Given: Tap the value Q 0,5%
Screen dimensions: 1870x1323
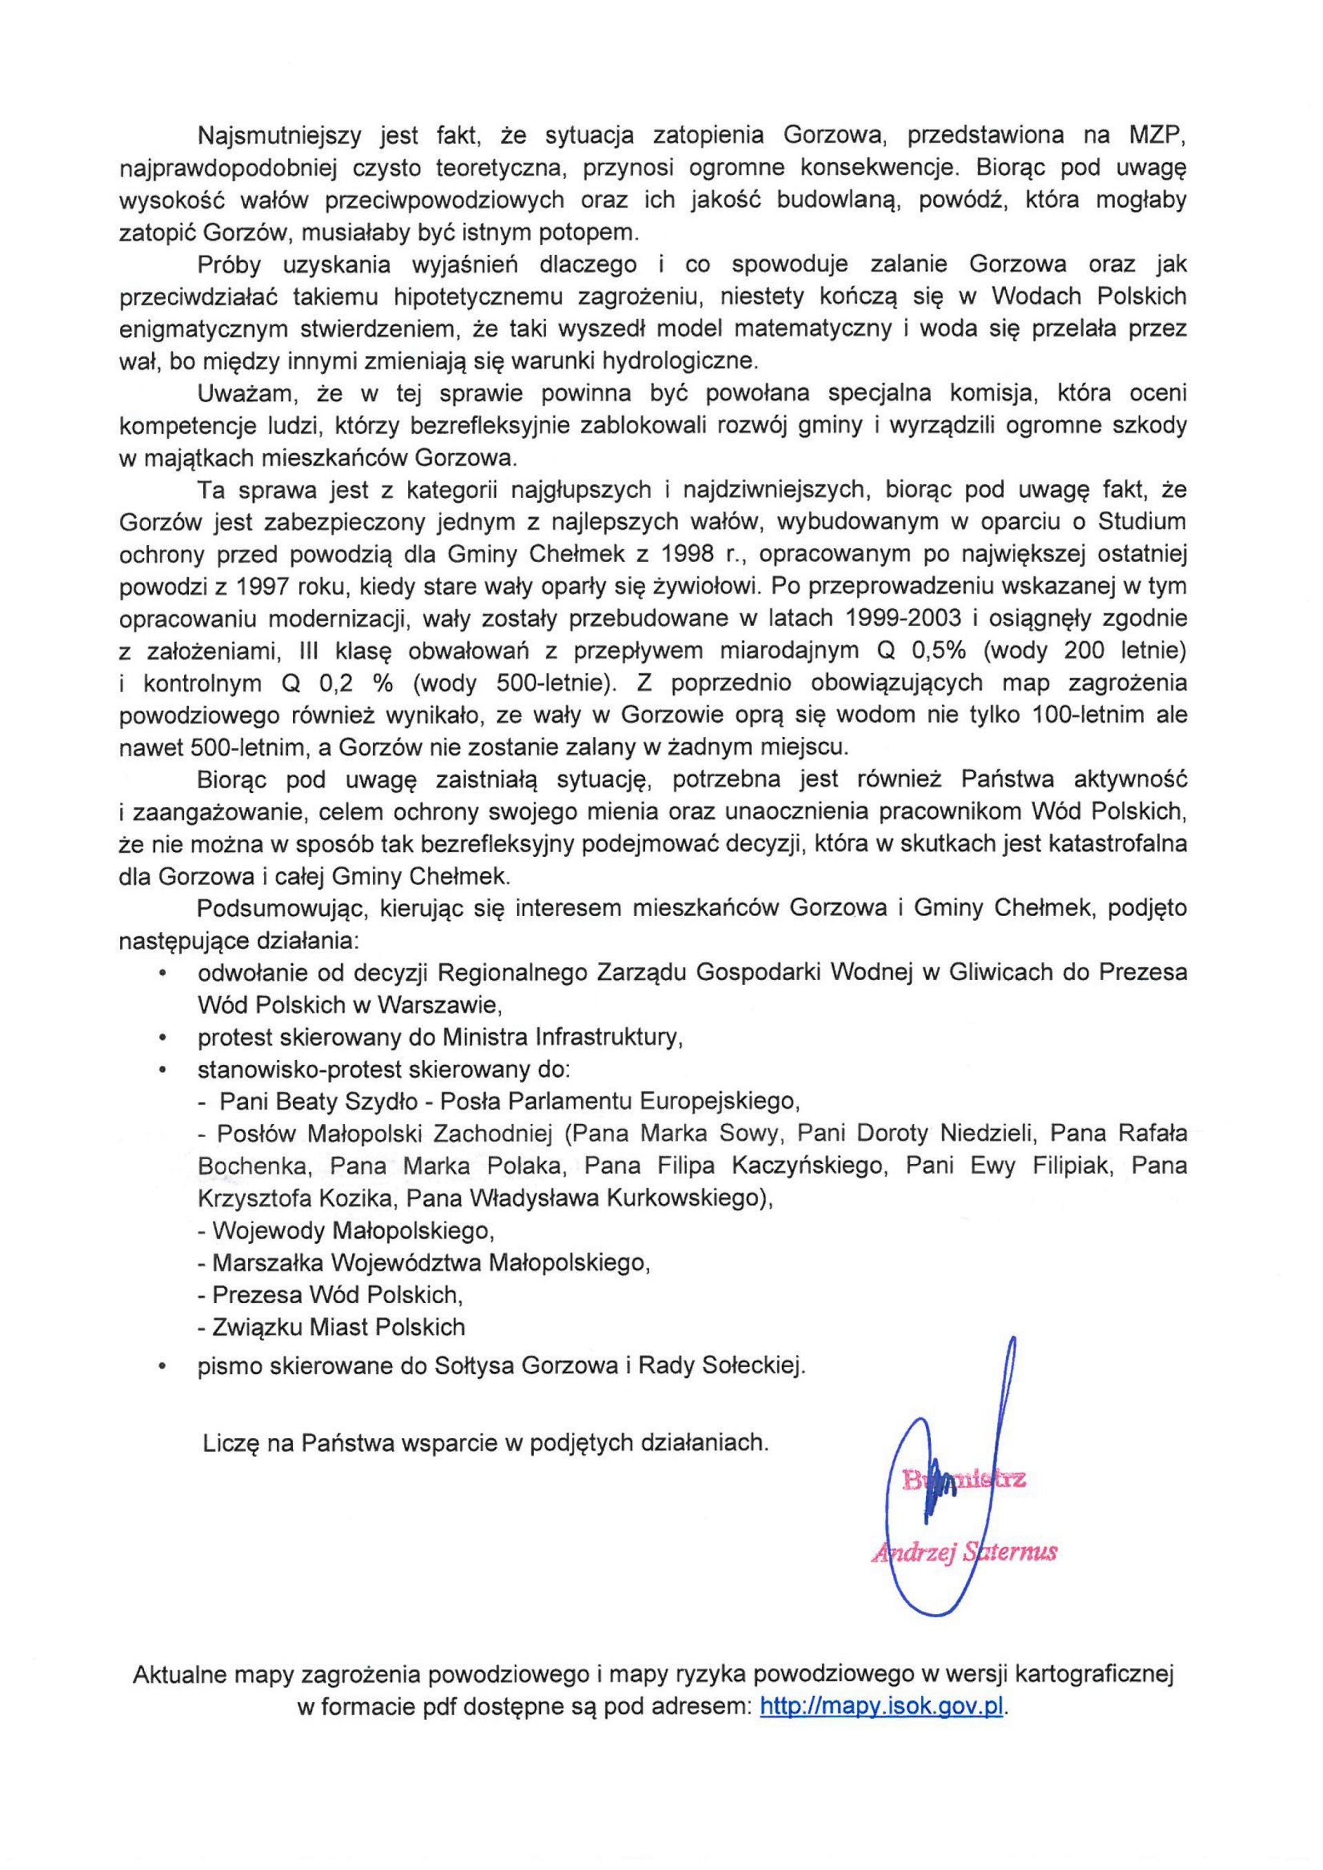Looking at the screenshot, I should tap(934, 650).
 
